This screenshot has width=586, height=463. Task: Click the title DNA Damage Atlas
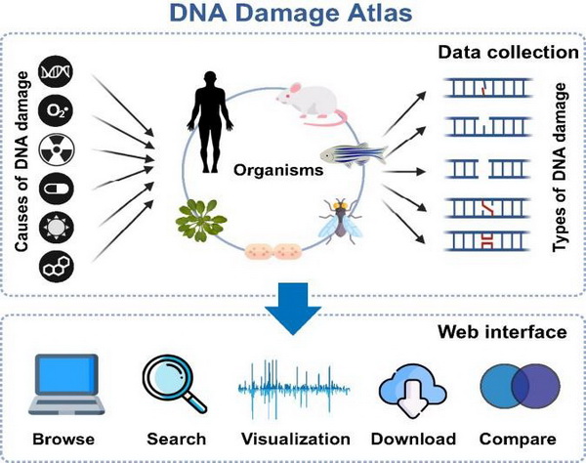coord(294,14)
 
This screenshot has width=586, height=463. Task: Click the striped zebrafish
coord(353,154)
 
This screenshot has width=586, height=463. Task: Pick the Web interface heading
coord(505,332)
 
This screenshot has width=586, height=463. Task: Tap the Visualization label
coord(293,439)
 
